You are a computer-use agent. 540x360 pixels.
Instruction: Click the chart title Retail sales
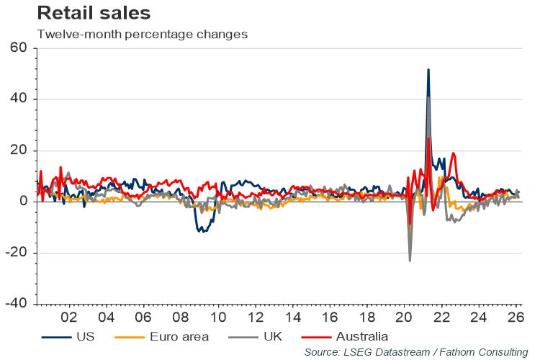(94, 13)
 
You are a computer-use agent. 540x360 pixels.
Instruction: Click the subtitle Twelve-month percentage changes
(143, 34)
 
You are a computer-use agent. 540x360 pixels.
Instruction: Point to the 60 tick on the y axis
(18, 48)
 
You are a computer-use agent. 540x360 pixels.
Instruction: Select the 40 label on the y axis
(18, 99)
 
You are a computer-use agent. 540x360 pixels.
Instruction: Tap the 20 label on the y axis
(18, 150)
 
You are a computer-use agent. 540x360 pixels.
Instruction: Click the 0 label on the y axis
(23, 201)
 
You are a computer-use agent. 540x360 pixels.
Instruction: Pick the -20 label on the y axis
(16, 253)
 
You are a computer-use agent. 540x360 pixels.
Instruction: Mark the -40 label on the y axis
(16, 304)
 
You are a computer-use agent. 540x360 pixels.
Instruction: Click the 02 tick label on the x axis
(69, 317)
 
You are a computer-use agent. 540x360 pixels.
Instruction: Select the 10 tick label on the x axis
(218, 317)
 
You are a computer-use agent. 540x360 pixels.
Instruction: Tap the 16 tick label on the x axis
(330, 317)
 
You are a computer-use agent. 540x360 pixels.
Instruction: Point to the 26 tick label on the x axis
(516, 317)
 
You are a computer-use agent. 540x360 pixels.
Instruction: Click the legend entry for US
(68, 336)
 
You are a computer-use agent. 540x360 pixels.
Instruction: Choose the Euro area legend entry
(161, 336)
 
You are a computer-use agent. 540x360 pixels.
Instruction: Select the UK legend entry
(255, 336)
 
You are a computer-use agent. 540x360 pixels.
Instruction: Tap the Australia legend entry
(345, 336)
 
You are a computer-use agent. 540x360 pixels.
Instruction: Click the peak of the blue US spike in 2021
(428, 70)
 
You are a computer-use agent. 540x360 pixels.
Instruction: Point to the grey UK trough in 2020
(410, 261)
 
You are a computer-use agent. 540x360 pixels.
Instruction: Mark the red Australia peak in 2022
(453, 153)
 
